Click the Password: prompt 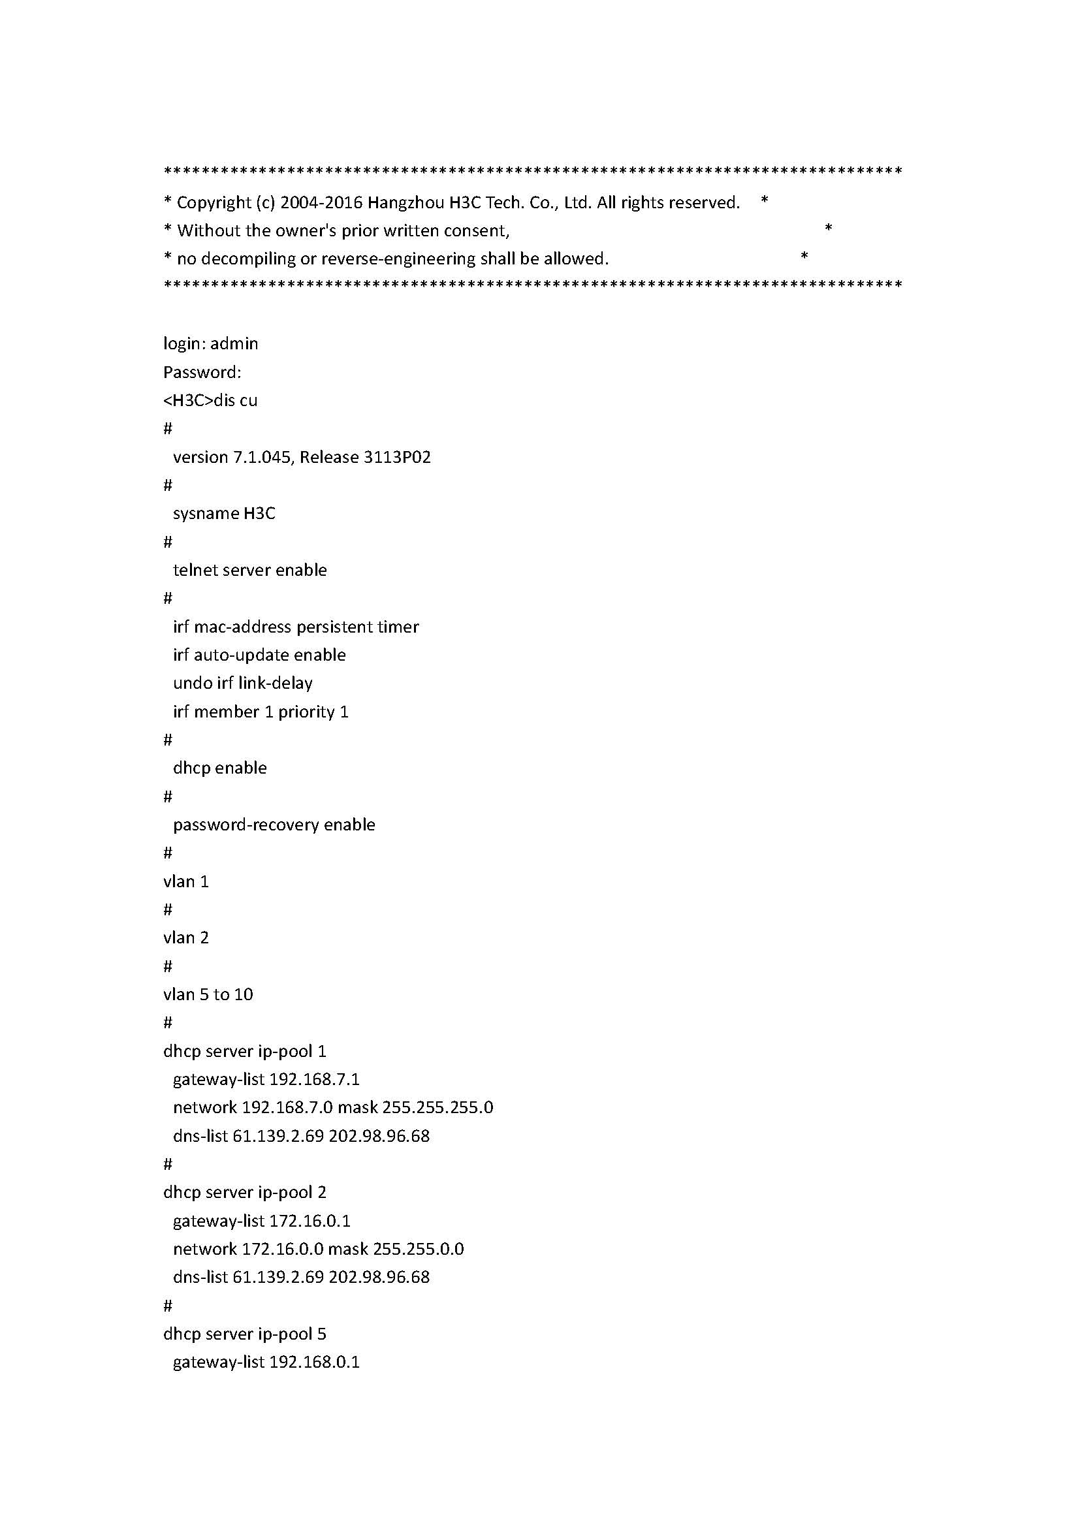pos(202,372)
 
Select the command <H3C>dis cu pos(210,400)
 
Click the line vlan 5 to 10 pos(208,995)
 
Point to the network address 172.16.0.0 pos(282,1249)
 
